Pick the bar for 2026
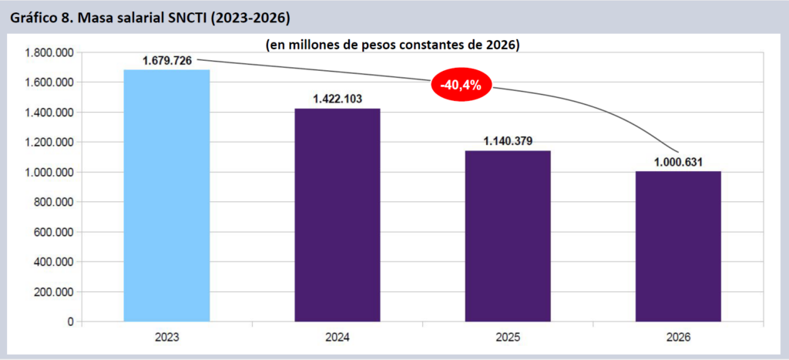pyautogui.click(x=678, y=246)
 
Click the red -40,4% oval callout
pyautogui.click(x=461, y=86)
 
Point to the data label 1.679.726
pyautogui.click(x=167, y=60)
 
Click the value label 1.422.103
pyautogui.click(x=337, y=99)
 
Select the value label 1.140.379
pyautogui.click(x=508, y=140)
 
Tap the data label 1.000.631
pyautogui.click(x=678, y=161)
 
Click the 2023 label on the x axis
pyautogui.click(x=166, y=338)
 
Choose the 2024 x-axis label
pyautogui.click(x=337, y=338)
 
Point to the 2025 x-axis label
pyautogui.click(x=508, y=338)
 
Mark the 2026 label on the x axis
pyautogui.click(x=678, y=338)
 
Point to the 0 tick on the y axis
pyautogui.click(x=70, y=321)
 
